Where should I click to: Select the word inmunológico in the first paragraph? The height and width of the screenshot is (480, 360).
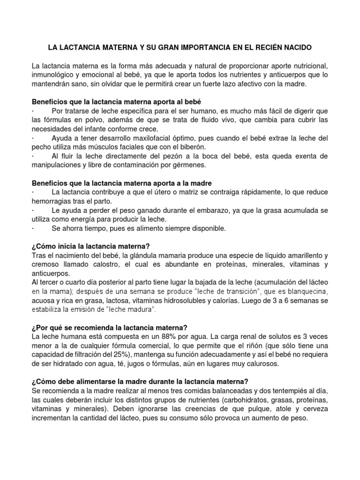(53, 75)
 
